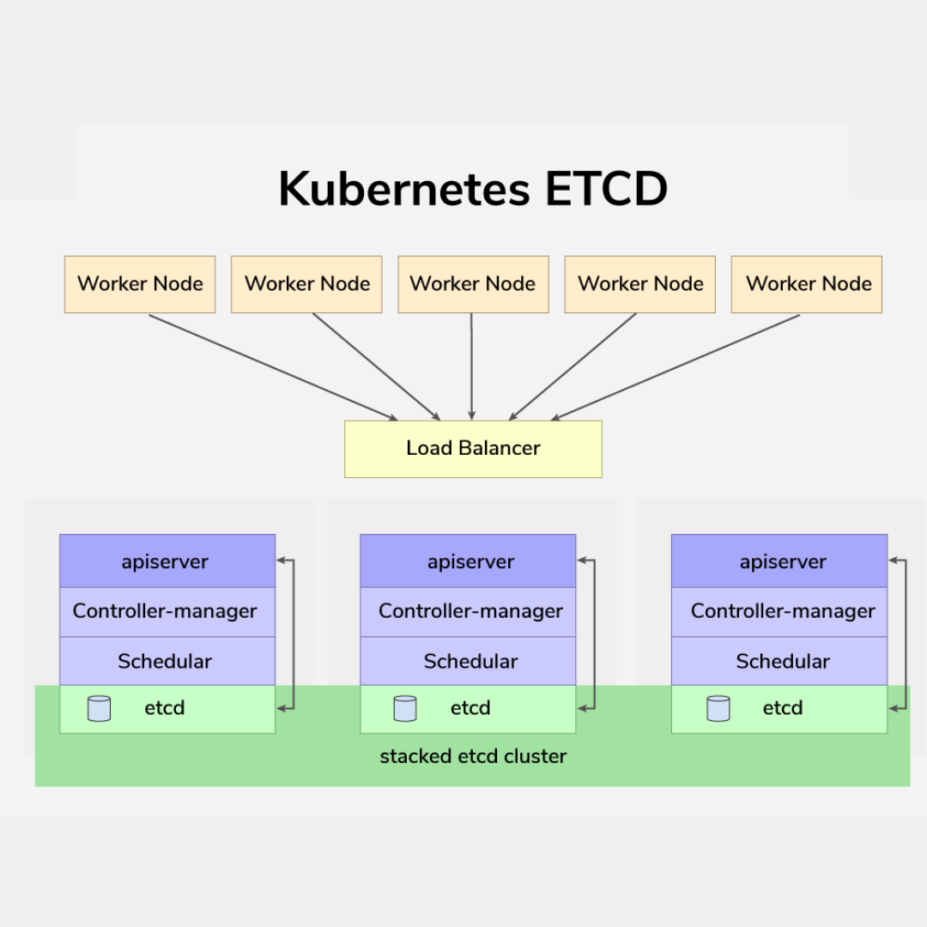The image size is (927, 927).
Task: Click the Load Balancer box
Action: click(473, 449)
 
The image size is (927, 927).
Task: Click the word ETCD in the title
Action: click(605, 189)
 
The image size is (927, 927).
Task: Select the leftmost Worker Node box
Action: click(140, 284)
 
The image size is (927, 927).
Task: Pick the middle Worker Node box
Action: click(473, 284)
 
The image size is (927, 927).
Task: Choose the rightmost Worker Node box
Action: click(807, 284)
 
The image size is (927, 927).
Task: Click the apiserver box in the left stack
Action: click(167, 561)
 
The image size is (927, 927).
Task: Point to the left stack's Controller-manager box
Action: click(167, 611)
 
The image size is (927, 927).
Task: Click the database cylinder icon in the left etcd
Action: click(100, 708)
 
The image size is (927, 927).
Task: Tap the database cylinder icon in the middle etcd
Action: click(405, 708)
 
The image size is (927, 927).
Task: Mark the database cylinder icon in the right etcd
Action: click(718, 708)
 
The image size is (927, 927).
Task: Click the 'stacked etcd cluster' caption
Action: click(473, 757)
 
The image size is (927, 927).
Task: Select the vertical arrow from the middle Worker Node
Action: click(471, 367)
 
